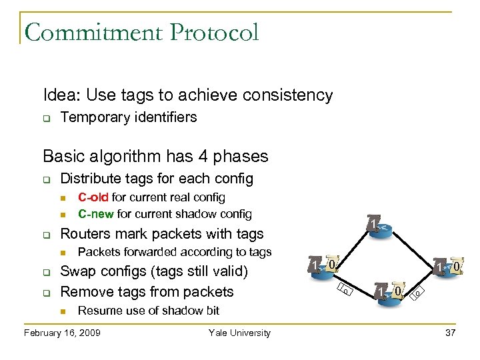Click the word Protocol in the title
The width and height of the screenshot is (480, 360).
(212, 31)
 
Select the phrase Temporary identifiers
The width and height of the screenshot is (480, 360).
(129, 117)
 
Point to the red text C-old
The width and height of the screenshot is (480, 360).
(93, 197)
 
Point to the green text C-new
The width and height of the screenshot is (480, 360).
(96, 214)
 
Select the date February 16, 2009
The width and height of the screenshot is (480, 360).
(62, 333)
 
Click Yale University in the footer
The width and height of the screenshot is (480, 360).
(239, 333)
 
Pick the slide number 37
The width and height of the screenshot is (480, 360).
(449, 333)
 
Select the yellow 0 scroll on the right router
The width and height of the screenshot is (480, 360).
(457, 267)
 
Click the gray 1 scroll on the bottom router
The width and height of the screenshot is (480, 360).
(380, 291)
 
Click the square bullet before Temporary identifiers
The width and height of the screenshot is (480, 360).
(47, 118)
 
